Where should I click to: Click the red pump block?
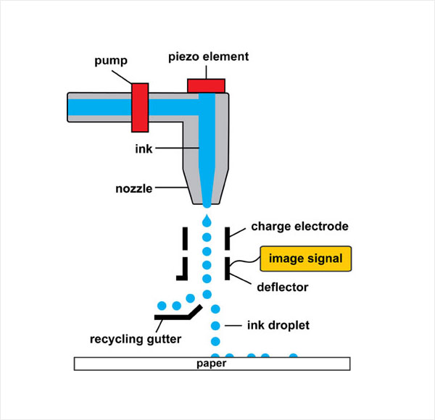click(x=140, y=106)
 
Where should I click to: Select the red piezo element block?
click(x=207, y=85)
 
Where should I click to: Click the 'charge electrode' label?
click(x=299, y=227)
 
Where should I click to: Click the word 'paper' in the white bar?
click(x=212, y=364)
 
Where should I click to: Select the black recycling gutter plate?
click(x=178, y=314)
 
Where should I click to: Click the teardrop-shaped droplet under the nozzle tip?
click(x=207, y=218)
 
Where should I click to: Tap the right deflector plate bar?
click(x=228, y=268)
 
